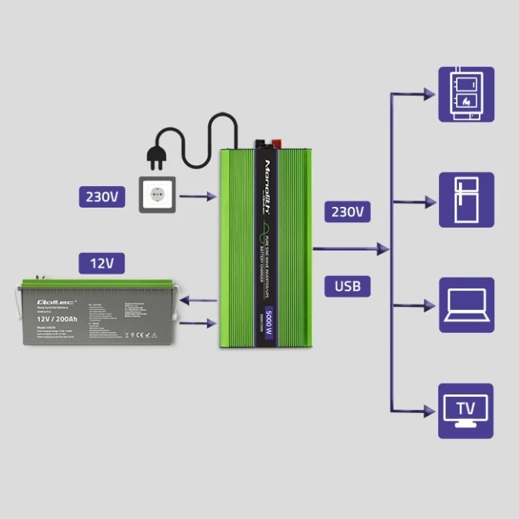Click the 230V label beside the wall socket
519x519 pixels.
click(x=101, y=197)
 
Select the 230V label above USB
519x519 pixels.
click(x=348, y=211)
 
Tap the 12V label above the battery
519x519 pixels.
click(x=101, y=264)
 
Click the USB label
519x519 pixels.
click(x=348, y=286)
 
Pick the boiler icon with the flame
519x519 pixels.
click(x=466, y=95)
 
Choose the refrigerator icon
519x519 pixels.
click(x=466, y=200)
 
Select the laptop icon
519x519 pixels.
click(x=466, y=305)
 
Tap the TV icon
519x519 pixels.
click(x=466, y=411)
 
